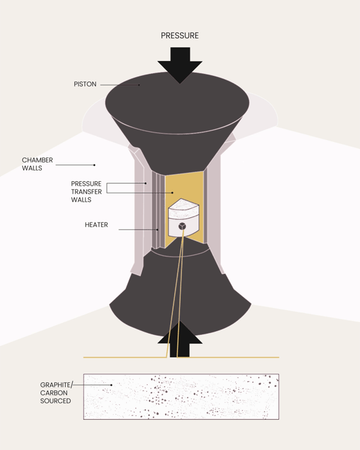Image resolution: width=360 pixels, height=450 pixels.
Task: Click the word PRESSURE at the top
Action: [180, 36]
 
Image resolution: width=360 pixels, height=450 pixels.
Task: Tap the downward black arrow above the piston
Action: [180, 65]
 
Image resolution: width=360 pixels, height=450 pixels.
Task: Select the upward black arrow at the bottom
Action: [180, 339]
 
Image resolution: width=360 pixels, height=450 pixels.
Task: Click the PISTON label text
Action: [85, 84]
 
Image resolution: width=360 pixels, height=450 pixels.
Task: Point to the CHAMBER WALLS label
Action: [37, 164]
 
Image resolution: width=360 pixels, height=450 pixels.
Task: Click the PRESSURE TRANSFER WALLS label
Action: [86, 192]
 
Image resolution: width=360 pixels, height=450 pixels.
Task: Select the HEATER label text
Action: [96, 225]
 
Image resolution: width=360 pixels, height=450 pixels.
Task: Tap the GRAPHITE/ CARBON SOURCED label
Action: [56, 393]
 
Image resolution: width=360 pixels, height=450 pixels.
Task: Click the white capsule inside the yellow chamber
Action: [183, 217]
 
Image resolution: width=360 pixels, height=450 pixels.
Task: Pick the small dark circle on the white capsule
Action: [182, 226]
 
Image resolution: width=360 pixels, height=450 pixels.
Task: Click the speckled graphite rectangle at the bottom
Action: [181, 396]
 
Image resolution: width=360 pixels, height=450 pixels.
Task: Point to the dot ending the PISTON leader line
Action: [139, 85]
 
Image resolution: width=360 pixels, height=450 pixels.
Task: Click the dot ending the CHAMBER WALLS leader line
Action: [94, 165]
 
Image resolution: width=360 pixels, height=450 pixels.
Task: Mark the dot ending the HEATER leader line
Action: [157, 229]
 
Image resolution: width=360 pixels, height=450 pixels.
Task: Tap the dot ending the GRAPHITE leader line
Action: [111, 385]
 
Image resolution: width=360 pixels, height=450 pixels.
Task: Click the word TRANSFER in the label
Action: [86, 192]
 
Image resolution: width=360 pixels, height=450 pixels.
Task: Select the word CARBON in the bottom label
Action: [54, 393]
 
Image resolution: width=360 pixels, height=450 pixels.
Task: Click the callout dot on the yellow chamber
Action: [173, 192]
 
